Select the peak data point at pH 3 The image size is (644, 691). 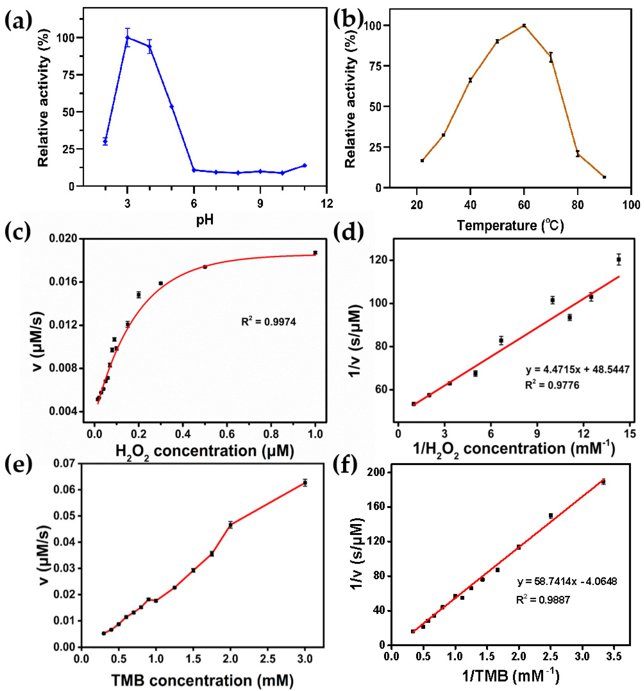(128, 37)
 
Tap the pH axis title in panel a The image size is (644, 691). (205, 220)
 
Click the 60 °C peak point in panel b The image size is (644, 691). (524, 25)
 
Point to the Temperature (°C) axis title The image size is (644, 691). (510, 226)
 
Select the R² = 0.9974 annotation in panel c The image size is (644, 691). (269, 322)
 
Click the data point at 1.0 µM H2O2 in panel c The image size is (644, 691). (315, 253)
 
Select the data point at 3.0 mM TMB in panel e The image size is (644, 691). (305, 483)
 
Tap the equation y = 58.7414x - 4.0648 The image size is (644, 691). (567, 581)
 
